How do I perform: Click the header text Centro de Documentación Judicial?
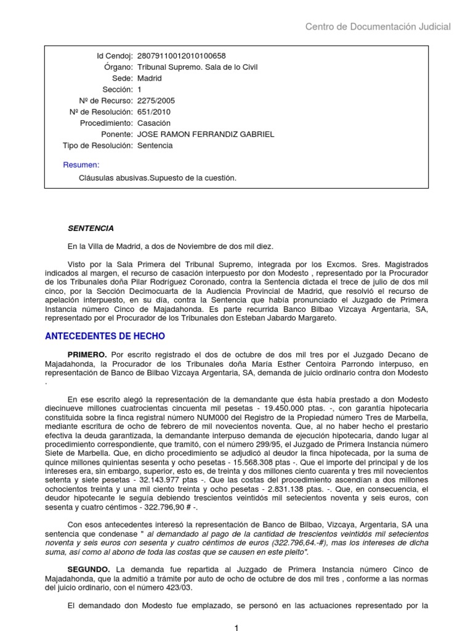pos(378,26)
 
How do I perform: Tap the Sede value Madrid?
pos(150,78)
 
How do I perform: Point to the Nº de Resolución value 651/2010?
pos(154,112)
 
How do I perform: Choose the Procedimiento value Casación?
pos(154,123)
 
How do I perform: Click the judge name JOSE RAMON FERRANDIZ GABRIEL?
pos(206,134)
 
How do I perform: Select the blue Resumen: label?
pos(81,165)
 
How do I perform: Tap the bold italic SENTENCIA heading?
pos(91,228)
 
